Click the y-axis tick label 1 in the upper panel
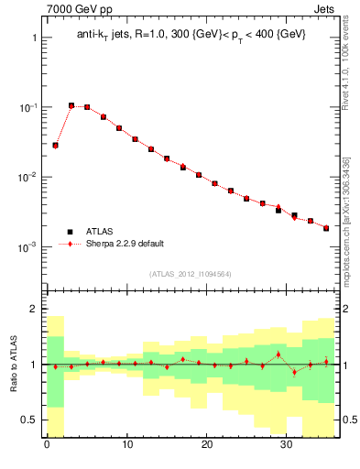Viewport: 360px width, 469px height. (34, 38)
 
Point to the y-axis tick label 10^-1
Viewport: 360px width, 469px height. (27, 107)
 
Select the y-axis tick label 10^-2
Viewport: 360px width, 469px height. (27, 177)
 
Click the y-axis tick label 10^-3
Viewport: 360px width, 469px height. (27, 247)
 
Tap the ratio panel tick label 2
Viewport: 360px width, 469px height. (34, 310)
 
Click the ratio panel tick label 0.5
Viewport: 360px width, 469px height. (30, 420)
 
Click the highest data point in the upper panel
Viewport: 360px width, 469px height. (71, 105)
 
